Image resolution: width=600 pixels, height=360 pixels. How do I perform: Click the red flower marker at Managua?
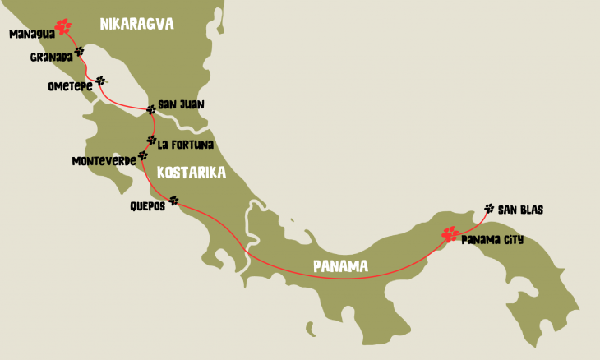click(x=62, y=26)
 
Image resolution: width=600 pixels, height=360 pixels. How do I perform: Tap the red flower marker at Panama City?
click(x=450, y=233)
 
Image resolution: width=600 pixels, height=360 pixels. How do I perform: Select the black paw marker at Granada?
click(x=79, y=52)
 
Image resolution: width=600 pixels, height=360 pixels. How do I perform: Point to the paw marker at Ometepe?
click(x=100, y=81)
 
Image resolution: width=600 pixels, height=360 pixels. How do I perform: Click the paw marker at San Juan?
click(x=150, y=109)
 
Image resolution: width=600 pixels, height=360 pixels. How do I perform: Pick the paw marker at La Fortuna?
click(x=151, y=140)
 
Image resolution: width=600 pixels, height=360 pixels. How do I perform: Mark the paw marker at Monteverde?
click(x=143, y=155)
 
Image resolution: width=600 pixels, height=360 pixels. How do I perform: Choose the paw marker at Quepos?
click(x=173, y=200)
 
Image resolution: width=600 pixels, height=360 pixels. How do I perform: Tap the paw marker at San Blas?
click(x=489, y=209)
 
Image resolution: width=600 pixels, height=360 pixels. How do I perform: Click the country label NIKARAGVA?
click(x=136, y=24)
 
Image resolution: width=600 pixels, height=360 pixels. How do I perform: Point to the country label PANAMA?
click(x=339, y=265)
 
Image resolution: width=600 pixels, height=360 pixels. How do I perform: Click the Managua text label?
click(x=30, y=35)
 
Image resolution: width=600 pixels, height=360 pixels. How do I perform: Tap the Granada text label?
click(x=51, y=58)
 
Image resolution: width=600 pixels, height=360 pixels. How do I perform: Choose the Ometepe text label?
click(x=72, y=86)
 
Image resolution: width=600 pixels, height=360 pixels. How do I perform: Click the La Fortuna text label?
click(x=186, y=145)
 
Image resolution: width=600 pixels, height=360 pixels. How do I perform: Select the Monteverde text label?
click(x=104, y=160)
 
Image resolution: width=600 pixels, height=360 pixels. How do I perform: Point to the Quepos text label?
click(x=147, y=206)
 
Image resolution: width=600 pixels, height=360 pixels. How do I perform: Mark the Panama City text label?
click(x=492, y=240)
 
